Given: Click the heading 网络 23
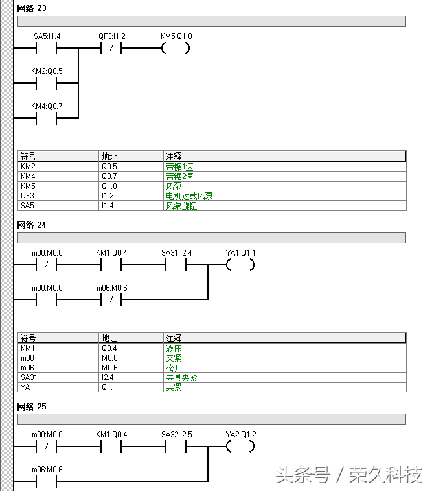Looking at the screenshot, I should click(32, 9).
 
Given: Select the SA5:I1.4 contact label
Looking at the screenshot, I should click(47, 36).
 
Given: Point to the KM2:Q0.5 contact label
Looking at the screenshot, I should click(47, 71).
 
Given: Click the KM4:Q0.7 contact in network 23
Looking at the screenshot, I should click(46, 118).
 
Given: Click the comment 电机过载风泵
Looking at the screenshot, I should click(189, 196).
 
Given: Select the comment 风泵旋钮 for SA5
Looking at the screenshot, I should click(181, 206).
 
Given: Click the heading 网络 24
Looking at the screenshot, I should click(32, 225).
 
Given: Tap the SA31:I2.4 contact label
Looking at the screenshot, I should click(176, 252).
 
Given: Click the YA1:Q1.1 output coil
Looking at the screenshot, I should click(240, 265).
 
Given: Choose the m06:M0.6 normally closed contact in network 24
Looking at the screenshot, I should click(111, 300).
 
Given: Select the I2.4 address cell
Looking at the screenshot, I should click(109, 377).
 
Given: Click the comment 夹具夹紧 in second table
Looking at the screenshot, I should click(181, 377).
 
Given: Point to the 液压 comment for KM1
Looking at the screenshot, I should click(174, 348).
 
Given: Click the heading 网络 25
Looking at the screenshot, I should click(32, 407).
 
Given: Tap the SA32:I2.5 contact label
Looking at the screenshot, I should click(176, 434).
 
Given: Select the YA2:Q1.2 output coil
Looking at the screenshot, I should click(240, 447).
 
